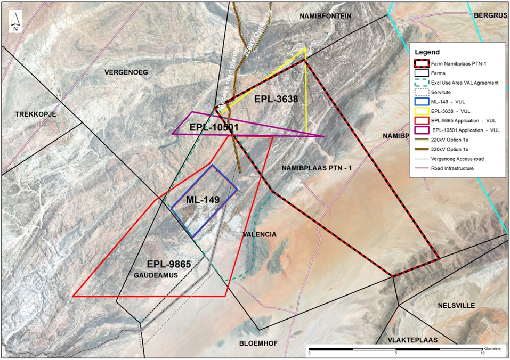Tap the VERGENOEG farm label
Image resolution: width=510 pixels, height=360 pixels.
(x=126, y=72)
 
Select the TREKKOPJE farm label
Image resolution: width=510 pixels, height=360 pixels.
(x=36, y=114)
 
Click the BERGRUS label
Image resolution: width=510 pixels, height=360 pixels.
(x=491, y=16)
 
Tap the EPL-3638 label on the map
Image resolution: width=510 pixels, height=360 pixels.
(x=276, y=99)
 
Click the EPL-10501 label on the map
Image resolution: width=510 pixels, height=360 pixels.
(x=214, y=128)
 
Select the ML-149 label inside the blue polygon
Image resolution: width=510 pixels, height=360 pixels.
(x=203, y=200)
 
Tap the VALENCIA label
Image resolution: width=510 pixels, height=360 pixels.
(x=259, y=235)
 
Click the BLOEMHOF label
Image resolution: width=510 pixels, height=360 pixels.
(x=258, y=343)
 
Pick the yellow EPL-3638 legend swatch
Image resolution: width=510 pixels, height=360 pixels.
(x=422, y=111)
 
